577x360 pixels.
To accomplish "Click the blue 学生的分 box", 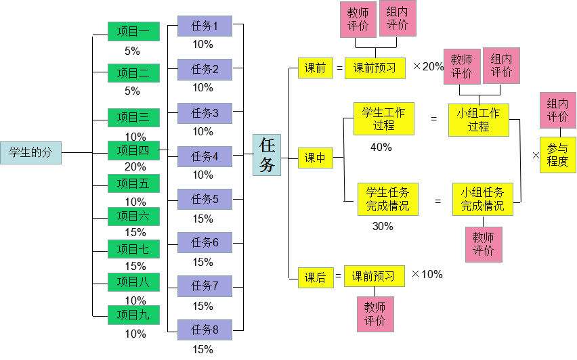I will click(x=30, y=153).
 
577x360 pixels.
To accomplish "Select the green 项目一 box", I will click(x=133, y=32).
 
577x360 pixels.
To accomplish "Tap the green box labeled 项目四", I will click(x=133, y=150).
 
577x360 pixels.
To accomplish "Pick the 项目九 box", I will click(x=133, y=315).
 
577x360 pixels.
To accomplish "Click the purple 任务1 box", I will click(x=205, y=26).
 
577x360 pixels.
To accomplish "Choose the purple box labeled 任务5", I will click(x=205, y=199).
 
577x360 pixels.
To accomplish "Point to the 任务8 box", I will click(x=205, y=330).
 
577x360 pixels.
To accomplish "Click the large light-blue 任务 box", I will click(x=267, y=155).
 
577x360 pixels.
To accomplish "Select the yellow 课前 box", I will click(x=315, y=68).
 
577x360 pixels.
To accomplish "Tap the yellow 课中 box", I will click(x=315, y=158).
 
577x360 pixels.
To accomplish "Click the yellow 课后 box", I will click(x=315, y=277).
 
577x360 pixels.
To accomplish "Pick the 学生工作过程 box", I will click(x=383, y=119).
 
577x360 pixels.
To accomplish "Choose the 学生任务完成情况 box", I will click(x=387, y=199).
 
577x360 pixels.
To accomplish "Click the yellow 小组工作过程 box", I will click(x=478, y=120).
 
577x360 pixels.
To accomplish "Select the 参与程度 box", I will click(x=557, y=155).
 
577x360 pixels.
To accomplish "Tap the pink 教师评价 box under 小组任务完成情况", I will click(x=484, y=244).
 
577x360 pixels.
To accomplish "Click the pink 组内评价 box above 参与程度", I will click(x=557, y=110).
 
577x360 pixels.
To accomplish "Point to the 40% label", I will click(x=381, y=147).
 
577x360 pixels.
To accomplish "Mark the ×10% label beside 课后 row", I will click(x=427, y=274).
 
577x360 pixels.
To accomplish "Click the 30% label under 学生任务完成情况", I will click(x=383, y=226).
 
